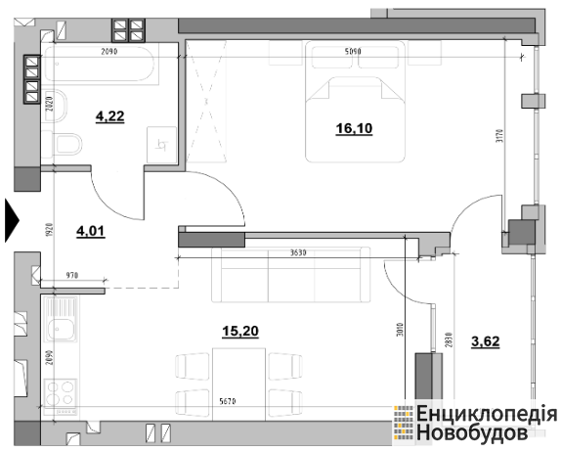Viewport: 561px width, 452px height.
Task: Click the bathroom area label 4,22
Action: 109,116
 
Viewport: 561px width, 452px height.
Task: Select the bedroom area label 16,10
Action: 354,128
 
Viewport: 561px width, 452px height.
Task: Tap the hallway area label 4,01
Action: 91,231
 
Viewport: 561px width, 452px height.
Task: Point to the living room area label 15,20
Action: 240,332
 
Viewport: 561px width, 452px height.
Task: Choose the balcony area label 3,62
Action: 486,341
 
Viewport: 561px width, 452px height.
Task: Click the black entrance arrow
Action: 12,221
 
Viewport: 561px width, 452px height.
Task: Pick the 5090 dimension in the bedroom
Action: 353,52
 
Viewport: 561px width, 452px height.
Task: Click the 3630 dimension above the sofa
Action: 298,252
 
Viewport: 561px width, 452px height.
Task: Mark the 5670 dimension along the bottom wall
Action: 228,402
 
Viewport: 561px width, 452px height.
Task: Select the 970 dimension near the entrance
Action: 72,276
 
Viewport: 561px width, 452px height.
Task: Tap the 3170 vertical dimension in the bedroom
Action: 500,136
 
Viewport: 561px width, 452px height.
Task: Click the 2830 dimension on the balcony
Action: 450,339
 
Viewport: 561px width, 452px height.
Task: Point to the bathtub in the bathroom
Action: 101,64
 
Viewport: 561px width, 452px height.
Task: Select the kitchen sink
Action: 61,320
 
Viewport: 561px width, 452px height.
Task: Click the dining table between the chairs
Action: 239,384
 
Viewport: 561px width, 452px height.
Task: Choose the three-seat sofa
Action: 291,275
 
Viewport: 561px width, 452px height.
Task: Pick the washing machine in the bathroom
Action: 161,145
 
